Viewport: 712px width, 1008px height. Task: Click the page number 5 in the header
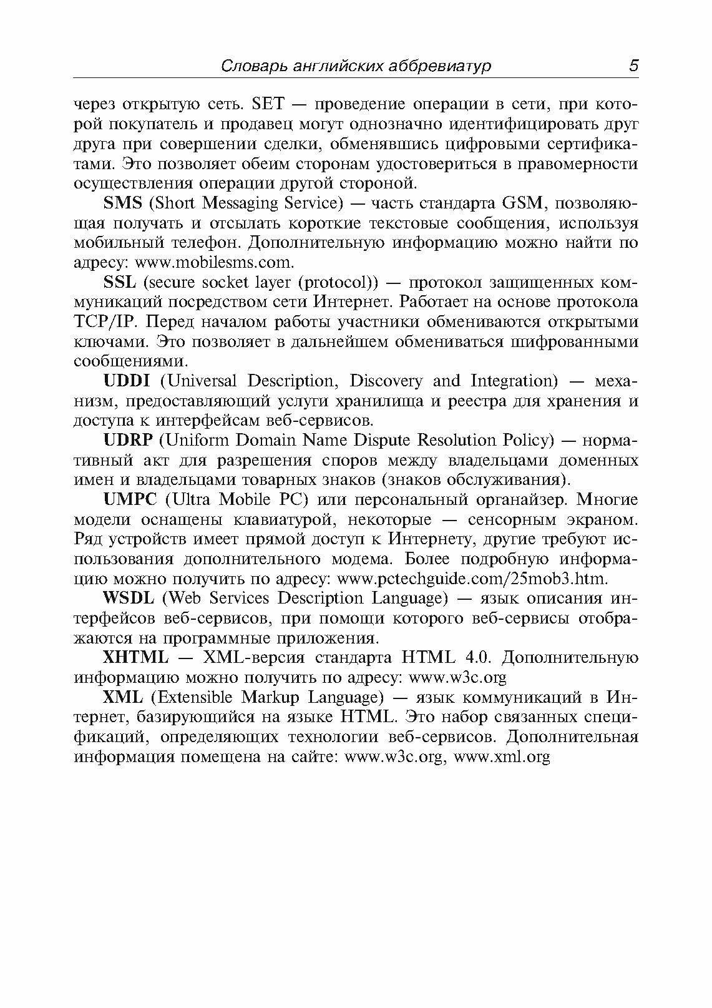click(633, 66)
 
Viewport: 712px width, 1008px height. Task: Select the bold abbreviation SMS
click(122, 203)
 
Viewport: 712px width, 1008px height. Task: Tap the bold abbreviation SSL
click(119, 282)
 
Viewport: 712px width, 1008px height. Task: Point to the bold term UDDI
click(127, 381)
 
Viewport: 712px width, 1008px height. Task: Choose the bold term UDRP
click(128, 440)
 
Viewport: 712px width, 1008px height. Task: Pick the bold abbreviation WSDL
click(128, 598)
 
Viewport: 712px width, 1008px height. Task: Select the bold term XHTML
click(135, 657)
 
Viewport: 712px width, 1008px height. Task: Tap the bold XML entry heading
click(123, 697)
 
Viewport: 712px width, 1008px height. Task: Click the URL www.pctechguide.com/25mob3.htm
click(472, 579)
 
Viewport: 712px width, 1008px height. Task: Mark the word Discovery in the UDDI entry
click(386, 381)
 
